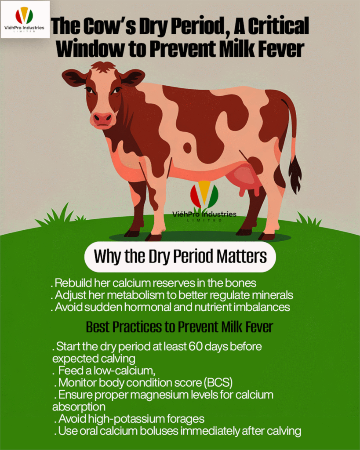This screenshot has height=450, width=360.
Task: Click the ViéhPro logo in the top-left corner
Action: point(25,19)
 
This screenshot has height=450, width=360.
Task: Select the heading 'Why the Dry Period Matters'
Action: point(180,256)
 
